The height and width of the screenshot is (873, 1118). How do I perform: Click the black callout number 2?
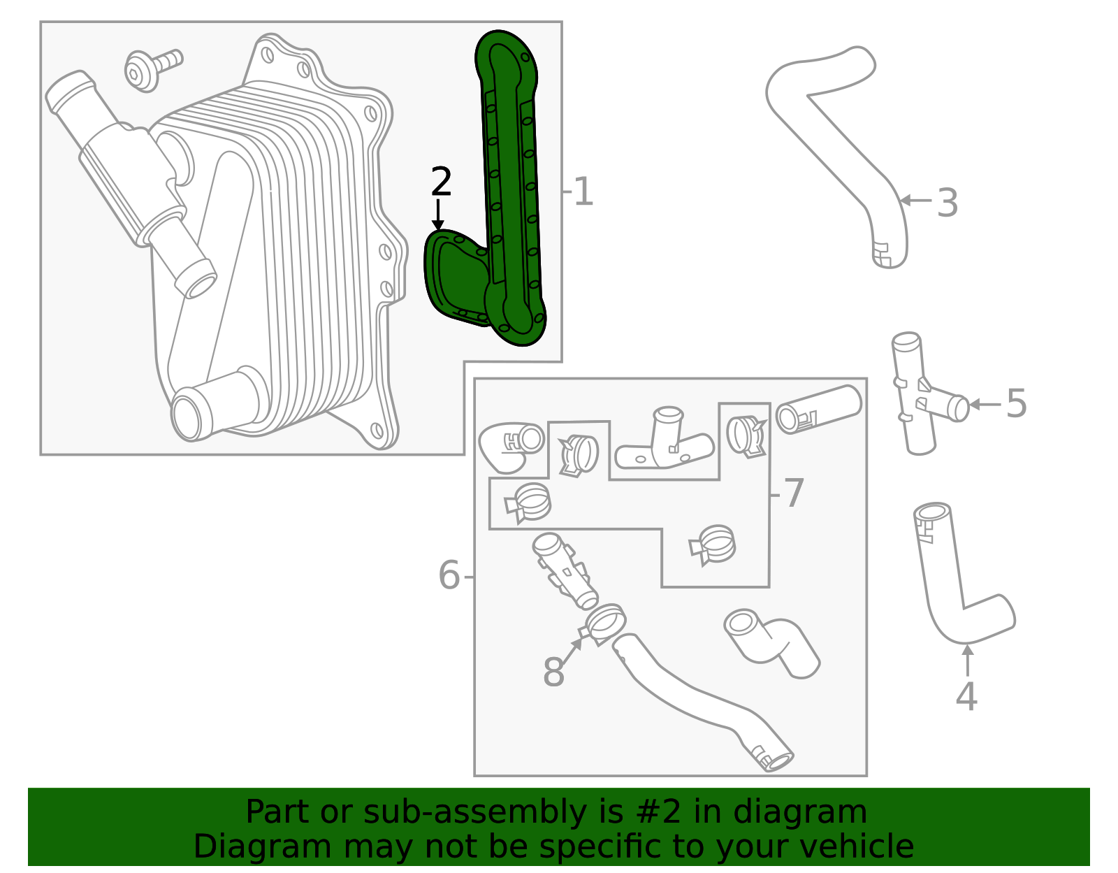tap(441, 182)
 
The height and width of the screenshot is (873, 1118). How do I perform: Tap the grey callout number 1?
tap(583, 192)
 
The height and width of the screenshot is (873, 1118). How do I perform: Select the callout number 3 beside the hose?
tap(947, 203)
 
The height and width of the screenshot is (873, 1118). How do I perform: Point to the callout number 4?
tap(966, 696)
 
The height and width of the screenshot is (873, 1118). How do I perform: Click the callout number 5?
tap(1016, 404)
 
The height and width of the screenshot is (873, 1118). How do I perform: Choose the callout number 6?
tap(449, 576)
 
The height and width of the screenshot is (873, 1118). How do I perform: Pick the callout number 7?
tap(794, 493)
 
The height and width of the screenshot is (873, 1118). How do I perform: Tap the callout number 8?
tap(553, 672)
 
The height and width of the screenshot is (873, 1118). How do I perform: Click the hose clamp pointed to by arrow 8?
tap(605, 623)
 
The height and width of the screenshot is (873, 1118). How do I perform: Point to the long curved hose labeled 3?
tap(838, 140)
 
